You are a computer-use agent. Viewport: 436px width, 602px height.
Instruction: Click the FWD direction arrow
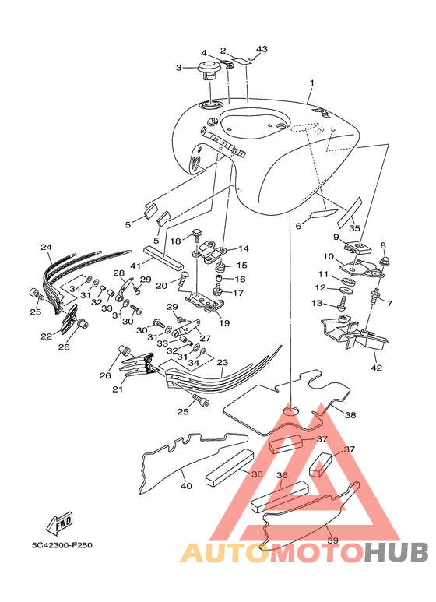pyautogui.click(x=59, y=523)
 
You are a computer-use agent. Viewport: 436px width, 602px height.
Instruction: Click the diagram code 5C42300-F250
pyautogui.click(x=62, y=545)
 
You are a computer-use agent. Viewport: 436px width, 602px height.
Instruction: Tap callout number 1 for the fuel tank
pyautogui.click(x=312, y=83)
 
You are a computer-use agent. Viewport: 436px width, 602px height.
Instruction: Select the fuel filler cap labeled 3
pyautogui.click(x=209, y=71)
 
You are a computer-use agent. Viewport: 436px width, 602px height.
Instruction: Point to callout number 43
pyautogui.click(x=262, y=49)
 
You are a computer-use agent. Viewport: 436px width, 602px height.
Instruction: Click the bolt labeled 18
pyautogui.click(x=196, y=234)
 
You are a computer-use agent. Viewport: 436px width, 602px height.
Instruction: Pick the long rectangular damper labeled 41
pyautogui.click(x=163, y=258)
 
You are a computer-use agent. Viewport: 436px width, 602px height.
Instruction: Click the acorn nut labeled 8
pyautogui.click(x=383, y=262)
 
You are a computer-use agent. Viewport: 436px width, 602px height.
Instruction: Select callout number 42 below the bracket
pyautogui.click(x=377, y=368)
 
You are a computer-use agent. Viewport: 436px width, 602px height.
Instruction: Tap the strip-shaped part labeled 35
pyautogui.click(x=350, y=212)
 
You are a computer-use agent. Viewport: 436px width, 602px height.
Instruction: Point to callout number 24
pyautogui.click(x=46, y=247)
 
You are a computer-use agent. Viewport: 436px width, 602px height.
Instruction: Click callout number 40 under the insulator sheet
pyautogui.click(x=186, y=486)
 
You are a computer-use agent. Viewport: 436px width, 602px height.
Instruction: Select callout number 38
pyautogui.click(x=350, y=415)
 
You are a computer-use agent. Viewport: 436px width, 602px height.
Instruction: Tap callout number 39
pyautogui.click(x=332, y=540)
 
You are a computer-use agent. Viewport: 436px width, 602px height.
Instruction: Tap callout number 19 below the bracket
pyautogui.click(x=224, y=323)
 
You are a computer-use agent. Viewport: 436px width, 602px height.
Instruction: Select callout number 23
pyautogui.click(x=223, y=362)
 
